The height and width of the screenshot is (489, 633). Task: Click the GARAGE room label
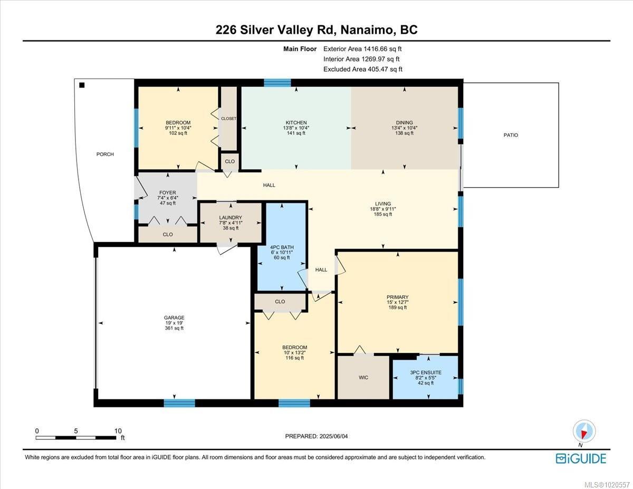click(x=174, y=318)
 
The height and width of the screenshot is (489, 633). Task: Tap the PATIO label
click(x=510, y=135)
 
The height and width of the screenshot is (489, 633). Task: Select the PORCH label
click(x=105, y=154)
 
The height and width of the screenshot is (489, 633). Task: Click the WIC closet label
click(x=363, y=378)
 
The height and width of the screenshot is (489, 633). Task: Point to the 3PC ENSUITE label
click(x=425, y=372)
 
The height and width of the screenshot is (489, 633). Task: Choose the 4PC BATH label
click(x=282, y=247)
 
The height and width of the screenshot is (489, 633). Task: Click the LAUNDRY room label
click(x=231, y=217)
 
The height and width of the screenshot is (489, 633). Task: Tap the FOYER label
click(x=167, y=193)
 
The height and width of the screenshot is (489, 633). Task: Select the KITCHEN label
click(x=296, y=123)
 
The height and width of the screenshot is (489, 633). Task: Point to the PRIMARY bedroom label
click(x=397, y=297)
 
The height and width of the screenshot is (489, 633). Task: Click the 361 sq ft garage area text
click(x=174, y=328)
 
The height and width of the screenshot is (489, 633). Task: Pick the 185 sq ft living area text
click(x=383, y=214)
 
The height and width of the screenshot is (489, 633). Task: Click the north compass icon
click(x=584, y=431)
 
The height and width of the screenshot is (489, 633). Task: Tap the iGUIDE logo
click(x=581, y=458)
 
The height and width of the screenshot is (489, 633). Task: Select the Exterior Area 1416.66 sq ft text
click(x=366, y=49)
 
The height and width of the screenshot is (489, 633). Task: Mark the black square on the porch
click(x=82, y=85)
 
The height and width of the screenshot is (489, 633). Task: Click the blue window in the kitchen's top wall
click(x=277, y=82)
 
